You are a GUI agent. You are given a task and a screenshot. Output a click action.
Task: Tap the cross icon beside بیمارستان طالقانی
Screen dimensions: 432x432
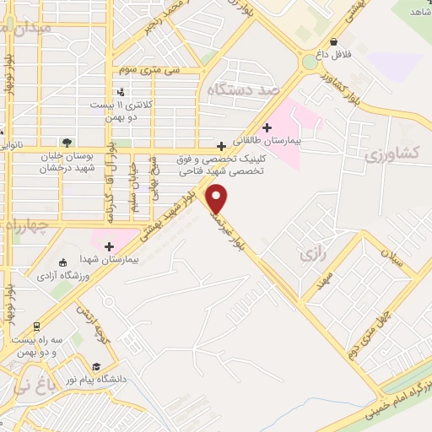[267, 128]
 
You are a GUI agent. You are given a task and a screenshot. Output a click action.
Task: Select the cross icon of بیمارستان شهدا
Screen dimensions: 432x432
[109, 246]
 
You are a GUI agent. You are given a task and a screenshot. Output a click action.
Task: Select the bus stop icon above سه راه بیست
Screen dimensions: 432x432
[36, 326]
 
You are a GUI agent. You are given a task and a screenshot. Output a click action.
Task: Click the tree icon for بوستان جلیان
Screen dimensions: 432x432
[67, 142]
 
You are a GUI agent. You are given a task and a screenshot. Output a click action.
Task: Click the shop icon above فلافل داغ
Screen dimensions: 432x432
[335, 40]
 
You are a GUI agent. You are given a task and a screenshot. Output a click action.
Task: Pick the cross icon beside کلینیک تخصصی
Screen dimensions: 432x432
[221, 145]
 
